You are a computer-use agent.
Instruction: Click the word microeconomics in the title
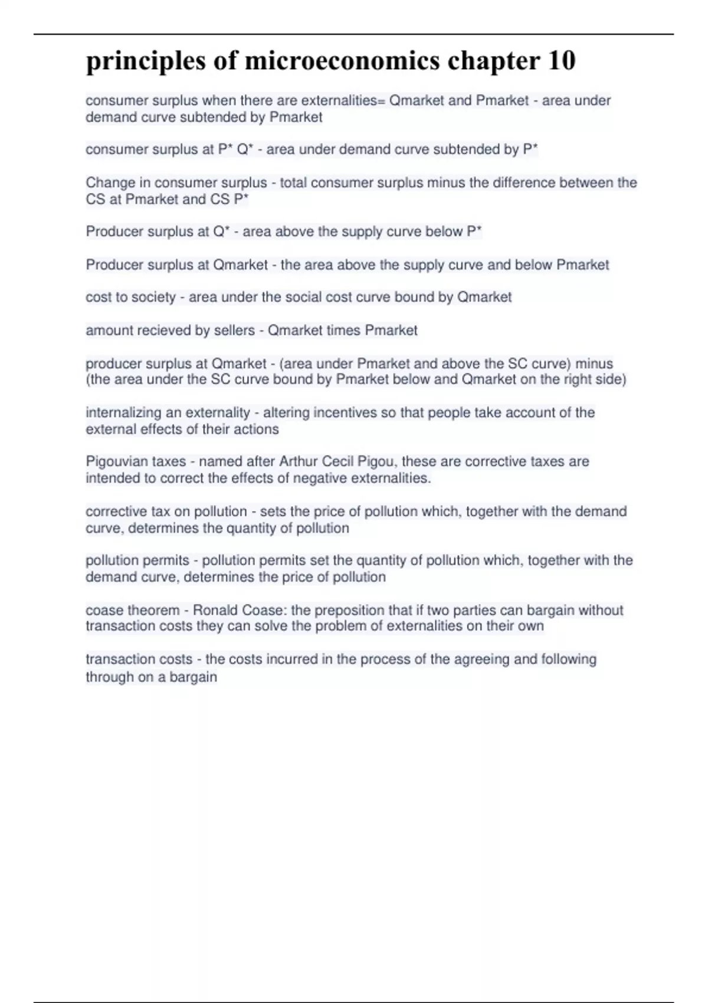click(x=342, y=61)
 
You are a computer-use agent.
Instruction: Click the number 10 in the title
click(x=560, y=61)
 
